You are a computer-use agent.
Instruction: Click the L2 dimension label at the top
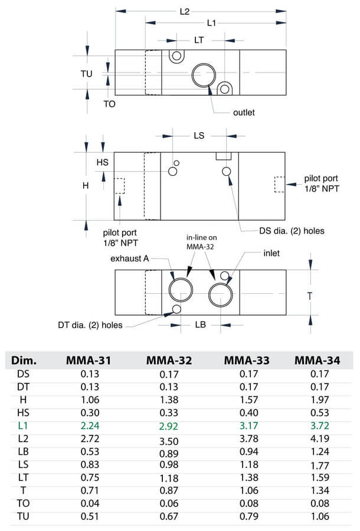184,11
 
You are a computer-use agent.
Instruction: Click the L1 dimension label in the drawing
211,22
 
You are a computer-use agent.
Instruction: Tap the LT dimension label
200,40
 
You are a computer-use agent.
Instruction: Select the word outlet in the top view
244,112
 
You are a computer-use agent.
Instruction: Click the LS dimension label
199,135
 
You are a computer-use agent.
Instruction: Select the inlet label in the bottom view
271,253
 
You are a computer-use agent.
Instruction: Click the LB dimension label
200,324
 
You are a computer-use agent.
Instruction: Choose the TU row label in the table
23,515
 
